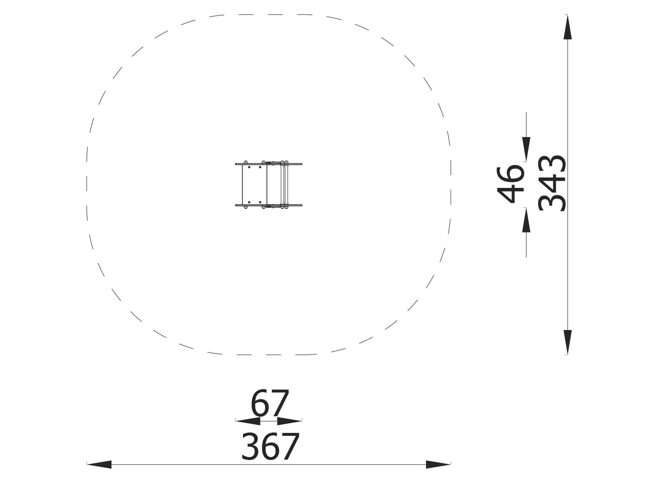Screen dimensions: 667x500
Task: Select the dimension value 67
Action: click(269, 403)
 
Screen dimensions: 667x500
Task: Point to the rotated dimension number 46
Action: click(511, 185)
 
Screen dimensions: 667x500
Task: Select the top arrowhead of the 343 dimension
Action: click(568, 27)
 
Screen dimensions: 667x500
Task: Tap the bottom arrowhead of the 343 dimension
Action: click(568, 342)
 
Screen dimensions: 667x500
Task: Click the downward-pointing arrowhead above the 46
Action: click(527, 149)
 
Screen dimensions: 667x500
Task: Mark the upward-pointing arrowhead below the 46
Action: click(527, 220)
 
